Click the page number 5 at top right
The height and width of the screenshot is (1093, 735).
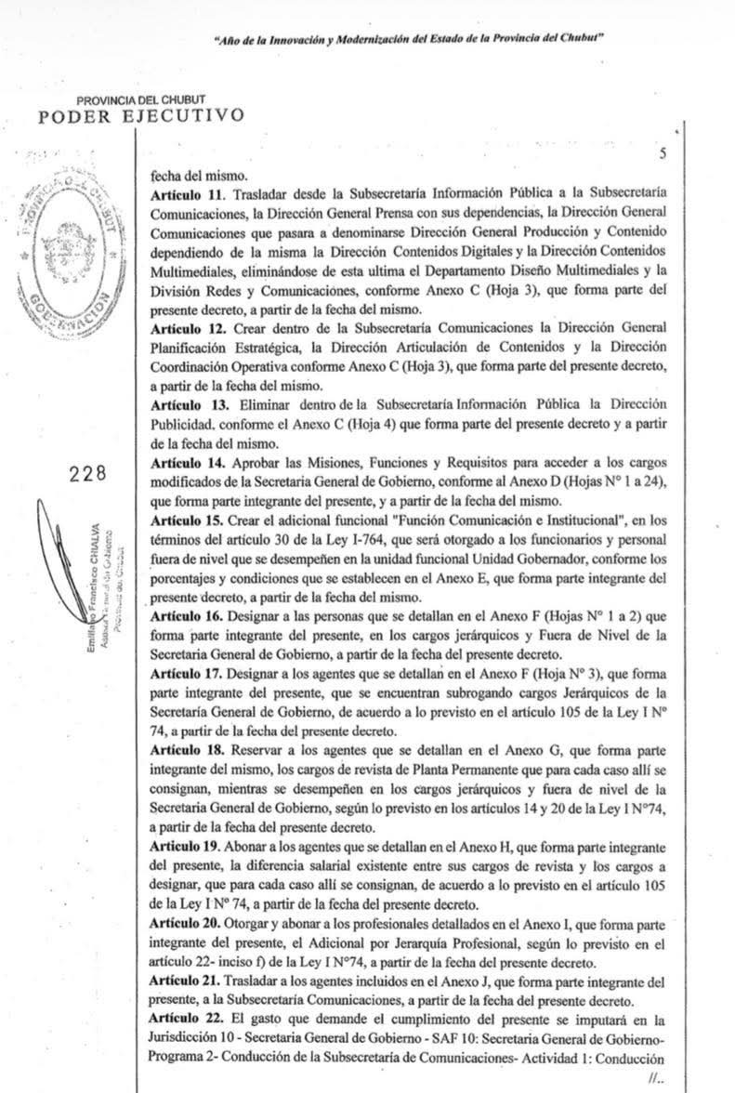coord(663,155)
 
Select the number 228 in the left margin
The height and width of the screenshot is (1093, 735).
coord(88,473)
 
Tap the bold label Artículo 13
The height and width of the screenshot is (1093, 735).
coord(184,405)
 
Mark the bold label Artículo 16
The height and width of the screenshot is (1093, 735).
coord(184,616)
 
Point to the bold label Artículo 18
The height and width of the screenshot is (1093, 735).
coord(184,752)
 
